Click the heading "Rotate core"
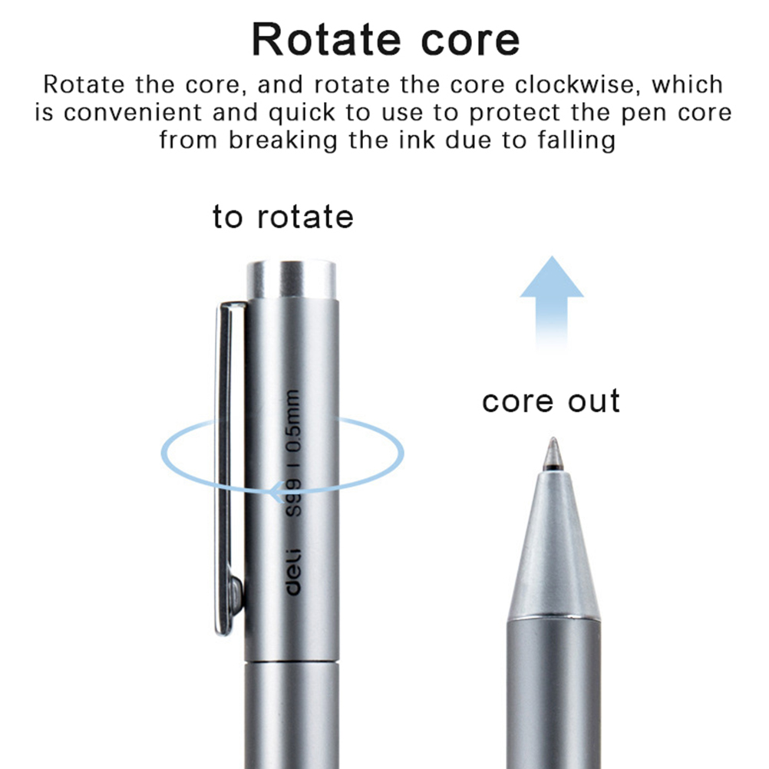385,40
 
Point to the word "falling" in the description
576,140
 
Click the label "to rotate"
283,217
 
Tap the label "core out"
550,401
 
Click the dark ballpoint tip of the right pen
551,454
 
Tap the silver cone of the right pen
551,545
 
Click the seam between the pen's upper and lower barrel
292,662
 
